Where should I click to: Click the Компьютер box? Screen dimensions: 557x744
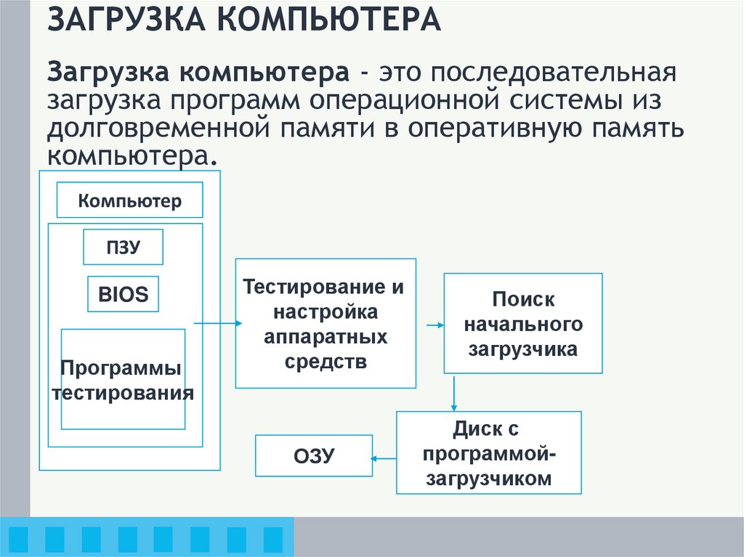[x=129, y=200]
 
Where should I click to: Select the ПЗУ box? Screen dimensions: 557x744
[x=123, y=248]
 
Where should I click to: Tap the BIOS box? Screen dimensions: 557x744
[x=123, y=294]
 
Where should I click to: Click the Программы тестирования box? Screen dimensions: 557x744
[x=123, y=379]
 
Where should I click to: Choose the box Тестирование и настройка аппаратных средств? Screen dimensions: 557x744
[x=325, y=323]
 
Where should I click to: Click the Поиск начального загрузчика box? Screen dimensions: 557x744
[x=523, y=323]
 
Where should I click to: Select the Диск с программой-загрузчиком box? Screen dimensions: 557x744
[x=488, y=453]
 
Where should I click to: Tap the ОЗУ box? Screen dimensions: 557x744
[x=313, y=456]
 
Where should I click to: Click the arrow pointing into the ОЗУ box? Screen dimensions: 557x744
[x=384, y=458]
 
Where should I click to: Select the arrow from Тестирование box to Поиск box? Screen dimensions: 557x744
[x=434, y=325]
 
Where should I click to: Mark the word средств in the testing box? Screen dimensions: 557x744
[x=325, y=362]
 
